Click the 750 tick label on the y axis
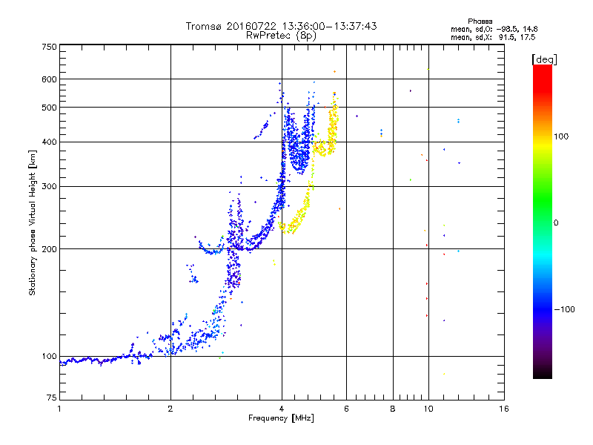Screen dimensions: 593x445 pos(49,47)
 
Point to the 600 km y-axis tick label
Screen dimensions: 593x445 pos(49,79)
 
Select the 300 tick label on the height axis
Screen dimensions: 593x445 pos(49,187)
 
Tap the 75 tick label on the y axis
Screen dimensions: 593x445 pos(52,398)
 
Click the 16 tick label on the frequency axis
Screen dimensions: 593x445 pos(504,409)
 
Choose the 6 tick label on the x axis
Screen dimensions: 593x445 pos(346,409)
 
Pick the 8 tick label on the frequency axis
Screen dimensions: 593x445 pos(393,409)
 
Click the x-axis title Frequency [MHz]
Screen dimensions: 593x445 pos(281,418)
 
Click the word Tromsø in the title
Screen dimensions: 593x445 pos(203,27)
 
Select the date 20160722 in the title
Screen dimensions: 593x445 pos(251,26)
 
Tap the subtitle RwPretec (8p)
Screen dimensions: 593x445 pos(281,36)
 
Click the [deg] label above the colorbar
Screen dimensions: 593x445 pos(544,59)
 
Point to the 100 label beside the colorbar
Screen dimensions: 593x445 pos(561,136)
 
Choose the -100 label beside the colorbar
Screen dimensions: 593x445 pos(564,309)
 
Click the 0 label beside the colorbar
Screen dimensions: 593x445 pos(556,223)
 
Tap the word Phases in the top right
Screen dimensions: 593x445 pos(480,22)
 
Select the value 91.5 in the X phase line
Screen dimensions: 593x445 pos(506,37)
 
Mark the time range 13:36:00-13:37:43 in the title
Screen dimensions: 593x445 pos(329,26)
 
